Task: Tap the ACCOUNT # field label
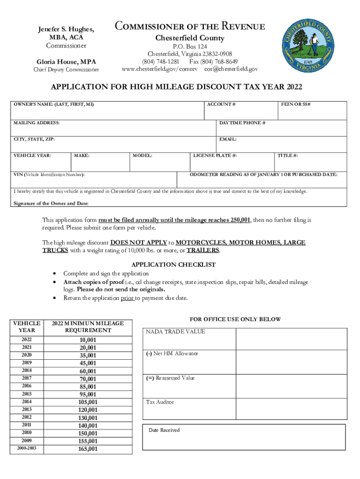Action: [221, 104]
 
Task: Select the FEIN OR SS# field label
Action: [296, 104]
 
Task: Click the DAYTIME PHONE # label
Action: [242, 123]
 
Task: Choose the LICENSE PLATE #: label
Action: [215, 155]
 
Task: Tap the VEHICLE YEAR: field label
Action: [32, 155]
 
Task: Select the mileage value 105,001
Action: [88, 402]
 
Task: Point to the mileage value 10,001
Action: [88, 340]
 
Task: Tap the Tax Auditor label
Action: [160, 402]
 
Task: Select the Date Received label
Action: [164, 430]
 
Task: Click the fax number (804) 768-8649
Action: [213, 62]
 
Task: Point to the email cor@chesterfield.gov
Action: [231, 69]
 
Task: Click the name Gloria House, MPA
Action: [66, 61]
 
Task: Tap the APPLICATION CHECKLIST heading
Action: [173, 264]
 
